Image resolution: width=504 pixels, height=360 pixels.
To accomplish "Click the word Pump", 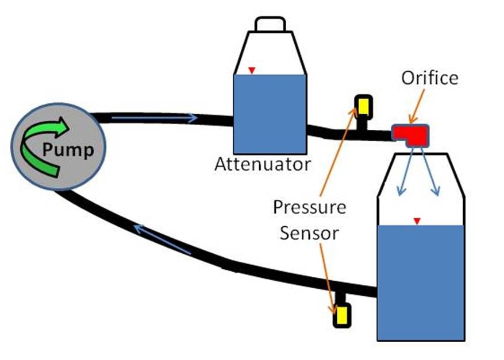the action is pos(68,150).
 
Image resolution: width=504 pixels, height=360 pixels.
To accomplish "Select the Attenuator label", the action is pos(263,164).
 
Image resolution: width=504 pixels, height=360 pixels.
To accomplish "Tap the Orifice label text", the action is pos(430,78).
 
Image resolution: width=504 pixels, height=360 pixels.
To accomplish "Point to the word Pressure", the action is pos(310,207).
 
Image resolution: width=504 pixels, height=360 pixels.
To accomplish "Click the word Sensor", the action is pos(309,233).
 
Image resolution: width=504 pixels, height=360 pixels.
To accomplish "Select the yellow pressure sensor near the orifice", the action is pos(364,107).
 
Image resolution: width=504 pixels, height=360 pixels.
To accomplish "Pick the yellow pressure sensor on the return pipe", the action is pos(342,315).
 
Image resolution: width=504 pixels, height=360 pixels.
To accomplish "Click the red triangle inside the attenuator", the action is pos(252,70).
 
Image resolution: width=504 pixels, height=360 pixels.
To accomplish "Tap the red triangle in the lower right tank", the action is pos(417,221).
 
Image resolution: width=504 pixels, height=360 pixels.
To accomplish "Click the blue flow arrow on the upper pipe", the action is pos(154,118).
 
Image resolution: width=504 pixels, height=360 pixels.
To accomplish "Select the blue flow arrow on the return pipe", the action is pos(162,239).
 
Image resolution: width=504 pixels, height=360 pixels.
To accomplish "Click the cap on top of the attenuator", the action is pos(270,24).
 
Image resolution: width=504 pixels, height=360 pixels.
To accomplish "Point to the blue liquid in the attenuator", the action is pos(270,114).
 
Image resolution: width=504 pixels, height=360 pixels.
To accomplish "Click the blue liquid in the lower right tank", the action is pos(421,282).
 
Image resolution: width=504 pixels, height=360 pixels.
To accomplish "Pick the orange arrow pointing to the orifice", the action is pos(417,106).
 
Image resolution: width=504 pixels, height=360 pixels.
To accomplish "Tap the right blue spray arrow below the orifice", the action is pos(430,172).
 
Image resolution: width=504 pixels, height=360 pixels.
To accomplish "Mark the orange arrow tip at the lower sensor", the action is pos(334,313).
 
